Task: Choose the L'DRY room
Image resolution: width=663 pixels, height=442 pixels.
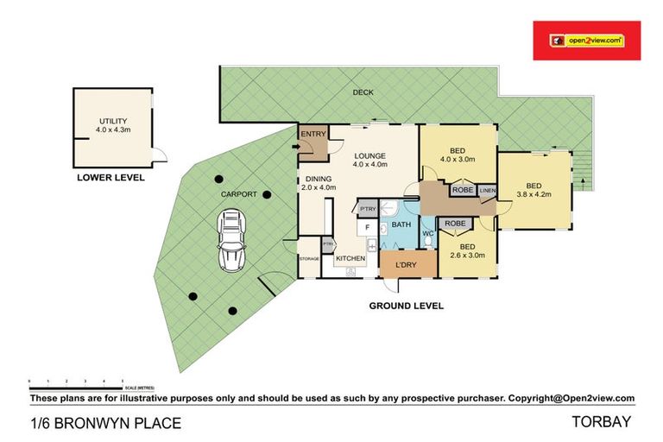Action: click(x=407, y=264)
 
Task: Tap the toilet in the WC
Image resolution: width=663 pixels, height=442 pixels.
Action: click(x=426, y=243)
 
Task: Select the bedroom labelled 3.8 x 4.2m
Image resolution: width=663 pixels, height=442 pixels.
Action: click(x=534, y=190)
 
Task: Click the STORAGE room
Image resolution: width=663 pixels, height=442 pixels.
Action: click(x=309, y=259)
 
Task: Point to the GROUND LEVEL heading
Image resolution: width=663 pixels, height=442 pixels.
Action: click(x=406, y=306)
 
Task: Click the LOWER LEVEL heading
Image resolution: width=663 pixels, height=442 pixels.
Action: click(x=110, y=178)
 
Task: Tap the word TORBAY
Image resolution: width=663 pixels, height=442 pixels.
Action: click(x=602, y=422)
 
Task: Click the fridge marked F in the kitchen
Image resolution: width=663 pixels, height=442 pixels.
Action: click(x=367, y=228)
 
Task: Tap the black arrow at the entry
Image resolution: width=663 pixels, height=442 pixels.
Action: click(x=295, y=147)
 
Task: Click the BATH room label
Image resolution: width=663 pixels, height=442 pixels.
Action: click(x=401, y=224)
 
